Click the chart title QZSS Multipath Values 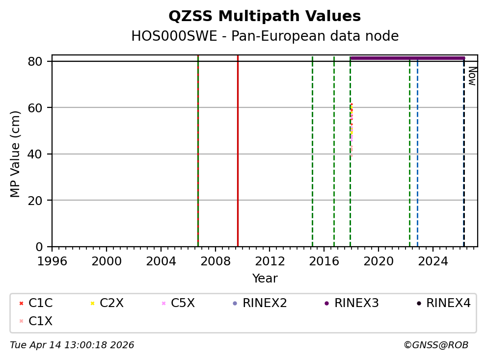coord(265,16)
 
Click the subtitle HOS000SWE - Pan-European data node coord(265,36)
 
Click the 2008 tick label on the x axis coord(215,260)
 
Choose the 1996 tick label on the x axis coord(52,260)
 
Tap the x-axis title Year coord(265,279)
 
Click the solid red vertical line coord(238,147)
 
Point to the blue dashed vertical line coord(417,147)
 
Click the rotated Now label coord(472,76)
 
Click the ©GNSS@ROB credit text coord(435,345)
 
